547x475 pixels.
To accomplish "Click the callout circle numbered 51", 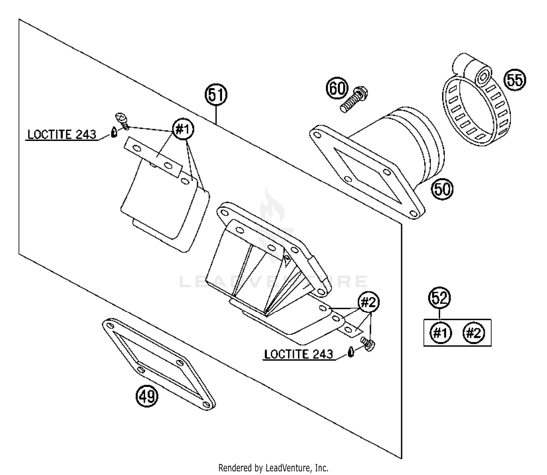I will click(216, 95).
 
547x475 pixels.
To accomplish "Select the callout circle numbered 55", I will click(515, 80).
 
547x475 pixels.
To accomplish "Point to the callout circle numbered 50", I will click(442, 189).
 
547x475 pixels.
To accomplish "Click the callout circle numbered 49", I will click(147, 396).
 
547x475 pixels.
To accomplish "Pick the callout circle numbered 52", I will click(439, 298).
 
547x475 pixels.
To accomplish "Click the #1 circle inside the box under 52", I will click(441, 333).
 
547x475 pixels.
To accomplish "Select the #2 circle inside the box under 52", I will click(474, 333).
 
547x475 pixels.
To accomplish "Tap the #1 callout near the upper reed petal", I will click(183, 129).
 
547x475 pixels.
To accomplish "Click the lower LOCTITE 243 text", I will click(298, 354).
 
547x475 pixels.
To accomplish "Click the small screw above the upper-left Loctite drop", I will click(122, 120).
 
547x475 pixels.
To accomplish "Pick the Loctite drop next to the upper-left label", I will click(114, 132).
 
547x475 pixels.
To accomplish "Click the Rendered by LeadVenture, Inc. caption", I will click(273, 467).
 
